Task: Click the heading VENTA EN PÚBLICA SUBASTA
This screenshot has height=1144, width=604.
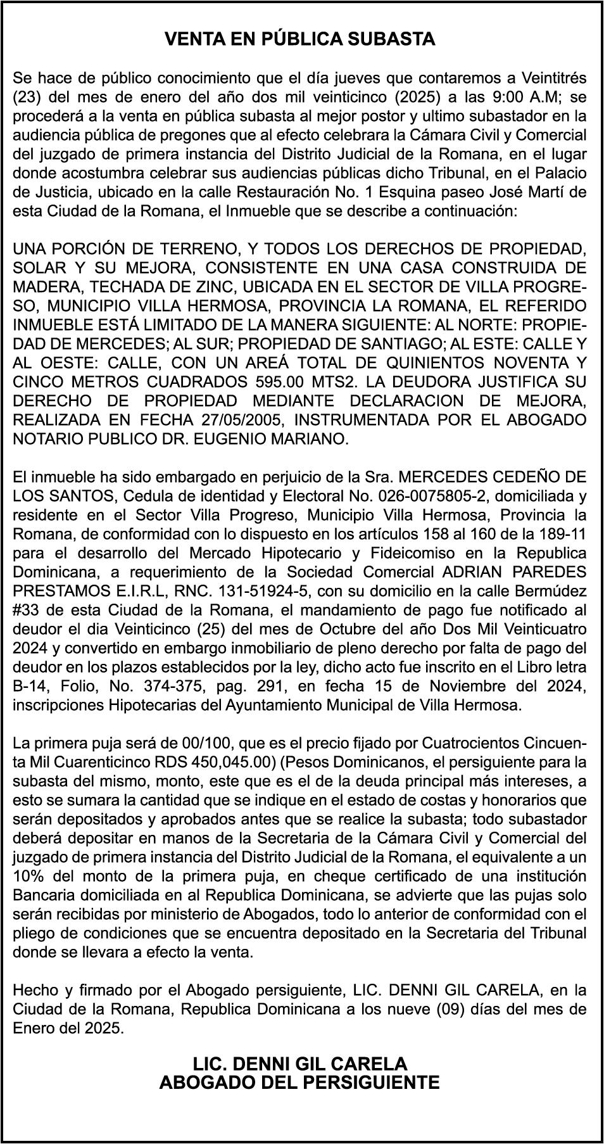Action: click(300, 39)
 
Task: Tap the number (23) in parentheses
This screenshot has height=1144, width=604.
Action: click(27, 97)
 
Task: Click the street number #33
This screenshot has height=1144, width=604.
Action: click(27, 610)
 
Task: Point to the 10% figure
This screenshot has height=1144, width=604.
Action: click(27, 876)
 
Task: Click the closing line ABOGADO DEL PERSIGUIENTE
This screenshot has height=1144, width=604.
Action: click(299, 1083)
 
